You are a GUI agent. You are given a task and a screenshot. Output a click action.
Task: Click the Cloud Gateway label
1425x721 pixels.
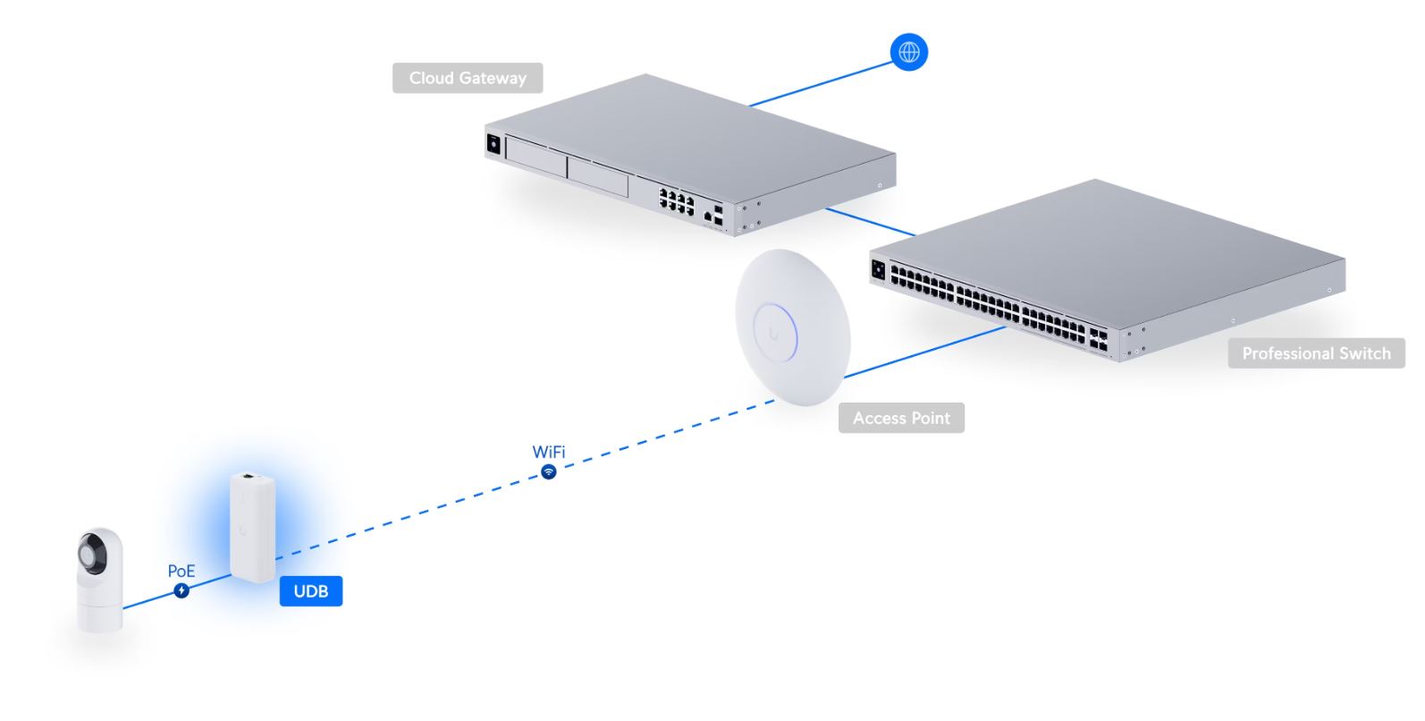tap(468, 78)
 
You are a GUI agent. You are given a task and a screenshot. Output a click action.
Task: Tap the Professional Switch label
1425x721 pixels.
tap(1316, 353)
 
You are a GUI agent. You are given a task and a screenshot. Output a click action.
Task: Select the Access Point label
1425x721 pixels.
tap(901, 418)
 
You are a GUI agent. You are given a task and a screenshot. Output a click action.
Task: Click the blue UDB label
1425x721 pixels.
tap(311, 591)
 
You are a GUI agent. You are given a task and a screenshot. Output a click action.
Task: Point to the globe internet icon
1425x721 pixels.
tap(908, 52)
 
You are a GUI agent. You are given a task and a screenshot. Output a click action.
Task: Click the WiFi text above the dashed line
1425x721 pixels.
tap(549, 452)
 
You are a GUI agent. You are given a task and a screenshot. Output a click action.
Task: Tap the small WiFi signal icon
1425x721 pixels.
tap(549, 471)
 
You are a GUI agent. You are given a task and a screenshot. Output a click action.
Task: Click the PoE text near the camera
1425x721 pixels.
tap(181, 571)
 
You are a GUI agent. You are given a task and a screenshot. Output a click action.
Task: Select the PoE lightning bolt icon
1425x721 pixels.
tap(181, 590)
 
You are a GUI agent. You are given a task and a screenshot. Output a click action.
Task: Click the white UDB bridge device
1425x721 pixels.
tap(252, 528)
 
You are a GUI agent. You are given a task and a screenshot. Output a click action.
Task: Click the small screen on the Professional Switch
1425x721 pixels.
tap(878, 268)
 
